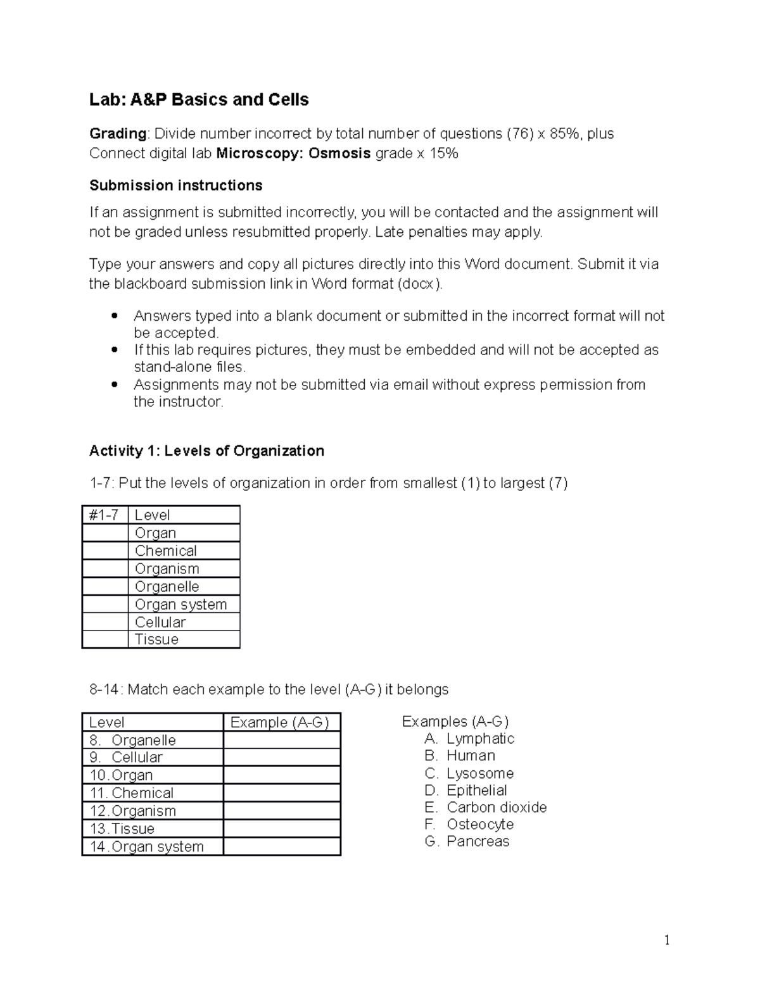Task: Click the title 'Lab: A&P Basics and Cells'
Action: (x=199, y=100)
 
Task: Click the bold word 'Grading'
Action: (x=118, y=134)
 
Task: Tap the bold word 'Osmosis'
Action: (x=339, y=153)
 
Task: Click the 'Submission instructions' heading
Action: (x=175, y=185)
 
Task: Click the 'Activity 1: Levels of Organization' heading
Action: (x=206, y=451)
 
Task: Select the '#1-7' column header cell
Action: (x=104, y=515)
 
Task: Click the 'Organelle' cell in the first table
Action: (x=167, y=586)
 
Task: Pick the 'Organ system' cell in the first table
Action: (x=180, y=604)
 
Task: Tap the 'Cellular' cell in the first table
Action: (x=160, y=622)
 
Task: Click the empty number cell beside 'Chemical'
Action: (x=104, y=551)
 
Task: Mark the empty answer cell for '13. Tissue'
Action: (x=282, y=829)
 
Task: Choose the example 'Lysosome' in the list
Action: (x=480, y=773)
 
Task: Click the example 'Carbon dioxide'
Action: (x=497, y=807)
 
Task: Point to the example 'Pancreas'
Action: (x=478, y=841)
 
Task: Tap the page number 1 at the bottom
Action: (x=667, y=941)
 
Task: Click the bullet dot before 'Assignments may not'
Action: (x=114, y=384)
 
